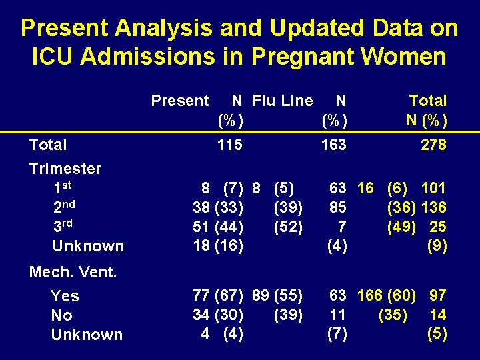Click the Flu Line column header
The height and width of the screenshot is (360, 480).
pyautogui.click(x=282, y=101)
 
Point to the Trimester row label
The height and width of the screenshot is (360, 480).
pyautogui.click(x=65, y=169)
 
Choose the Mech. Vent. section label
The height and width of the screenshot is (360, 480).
pyautogui.click(x=73, y=271)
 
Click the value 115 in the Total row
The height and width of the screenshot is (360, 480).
pyautogui.click(x=229, y=145)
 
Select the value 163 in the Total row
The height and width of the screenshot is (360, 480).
pyautogui.click(x=333, y=145)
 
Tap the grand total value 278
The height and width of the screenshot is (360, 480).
pyautogui.click(x=433, y=145)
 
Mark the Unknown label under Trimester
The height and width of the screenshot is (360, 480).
pyautogui.click(x=88, y=246)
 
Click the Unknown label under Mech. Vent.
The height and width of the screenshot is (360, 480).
pyautogui.click(x=87, y=335)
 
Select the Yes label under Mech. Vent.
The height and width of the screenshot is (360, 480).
pyautogui.click(x=65, y=296)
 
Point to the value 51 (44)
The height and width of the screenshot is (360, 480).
pyautogui.click(x=217, y=227)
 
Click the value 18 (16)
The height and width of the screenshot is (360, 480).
pyautogui.click(x=217, y=246)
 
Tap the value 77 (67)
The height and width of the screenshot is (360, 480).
pyautogui.click(x=217, y=295)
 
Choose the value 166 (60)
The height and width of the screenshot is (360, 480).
pyautogui.click(x=387, y=295)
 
